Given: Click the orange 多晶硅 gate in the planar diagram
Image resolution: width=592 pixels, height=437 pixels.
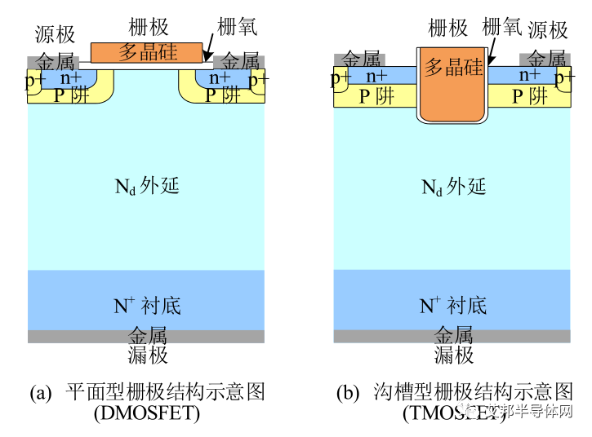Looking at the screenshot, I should click(x=146, y=52).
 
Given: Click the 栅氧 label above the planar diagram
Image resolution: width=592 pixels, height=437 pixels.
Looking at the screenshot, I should click(x=238, y=26).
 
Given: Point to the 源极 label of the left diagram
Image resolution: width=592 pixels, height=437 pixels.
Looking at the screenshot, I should click(x=56, y=33).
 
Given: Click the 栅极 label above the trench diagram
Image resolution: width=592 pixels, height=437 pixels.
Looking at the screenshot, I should click(x=447, y=27).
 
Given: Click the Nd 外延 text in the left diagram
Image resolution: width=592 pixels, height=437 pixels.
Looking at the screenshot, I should click(x=146, y=185).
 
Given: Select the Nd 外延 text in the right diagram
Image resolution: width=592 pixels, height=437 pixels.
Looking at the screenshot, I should click(x=453, y=186).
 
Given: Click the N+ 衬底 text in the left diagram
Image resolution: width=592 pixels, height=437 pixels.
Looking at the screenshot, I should click(x=147, y=306).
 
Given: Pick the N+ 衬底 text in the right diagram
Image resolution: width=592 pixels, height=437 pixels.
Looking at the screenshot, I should click(x=453, y=306).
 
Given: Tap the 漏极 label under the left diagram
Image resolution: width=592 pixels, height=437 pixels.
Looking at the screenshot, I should click(x=148, y=355).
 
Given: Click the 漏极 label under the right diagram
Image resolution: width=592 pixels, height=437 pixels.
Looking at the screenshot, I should click(x=454, y=355).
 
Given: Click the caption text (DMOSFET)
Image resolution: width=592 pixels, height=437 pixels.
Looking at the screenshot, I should click(x=147, y=413).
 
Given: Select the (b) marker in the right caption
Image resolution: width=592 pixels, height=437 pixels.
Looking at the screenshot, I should click(x=348, y=392).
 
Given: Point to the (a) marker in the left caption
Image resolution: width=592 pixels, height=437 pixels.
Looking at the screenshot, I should click(x=41, y=392).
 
